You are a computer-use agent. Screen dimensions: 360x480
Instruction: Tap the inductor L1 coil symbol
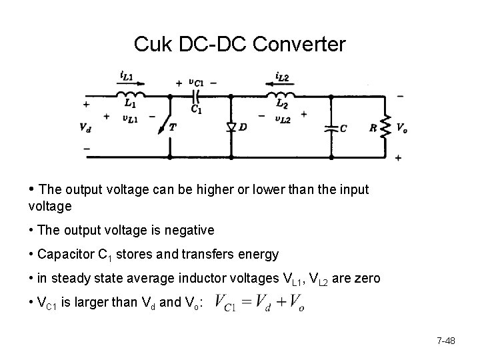pyautogui.click(x=130, y=95)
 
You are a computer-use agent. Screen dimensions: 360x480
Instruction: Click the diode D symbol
pyautogui.click(x=230, y=127)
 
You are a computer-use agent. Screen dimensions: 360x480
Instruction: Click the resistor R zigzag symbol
pyautogui.click(x=385, y=127)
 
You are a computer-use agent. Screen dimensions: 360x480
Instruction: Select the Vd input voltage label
pyautogui.click(x=85, y=127)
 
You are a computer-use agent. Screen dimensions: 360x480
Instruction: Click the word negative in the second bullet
pyautogui.click(x=190, y=231)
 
